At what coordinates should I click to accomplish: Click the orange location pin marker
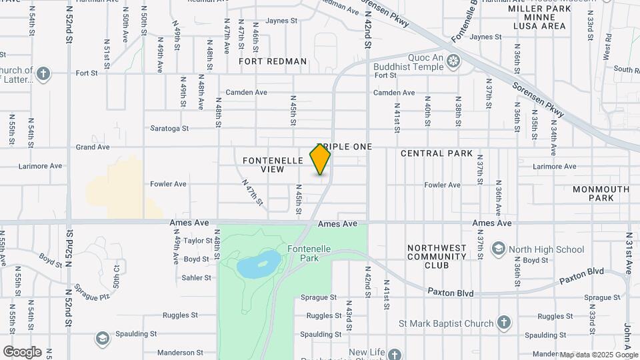(x=320, y=159)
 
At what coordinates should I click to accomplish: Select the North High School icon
(x=498, y=249)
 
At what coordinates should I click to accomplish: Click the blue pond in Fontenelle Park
(x=259, y=264)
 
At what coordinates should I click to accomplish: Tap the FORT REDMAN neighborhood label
(x=273, y=61)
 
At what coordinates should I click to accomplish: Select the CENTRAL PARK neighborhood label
(x=437, y=153)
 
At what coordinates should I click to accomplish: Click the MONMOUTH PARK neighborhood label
(x=601, y=193)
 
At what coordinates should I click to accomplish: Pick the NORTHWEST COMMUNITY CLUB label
(x=437, y=256)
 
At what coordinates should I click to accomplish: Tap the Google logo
(x=21, y=352)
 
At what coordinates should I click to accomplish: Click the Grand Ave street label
(x=92, y=147)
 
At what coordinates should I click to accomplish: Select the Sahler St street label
(x=197, y=277)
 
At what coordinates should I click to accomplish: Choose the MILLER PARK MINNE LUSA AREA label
(x=539, y=17)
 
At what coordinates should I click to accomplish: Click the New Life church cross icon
(x=395, y=354)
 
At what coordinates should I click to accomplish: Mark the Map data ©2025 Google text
(x=598, y=355)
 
